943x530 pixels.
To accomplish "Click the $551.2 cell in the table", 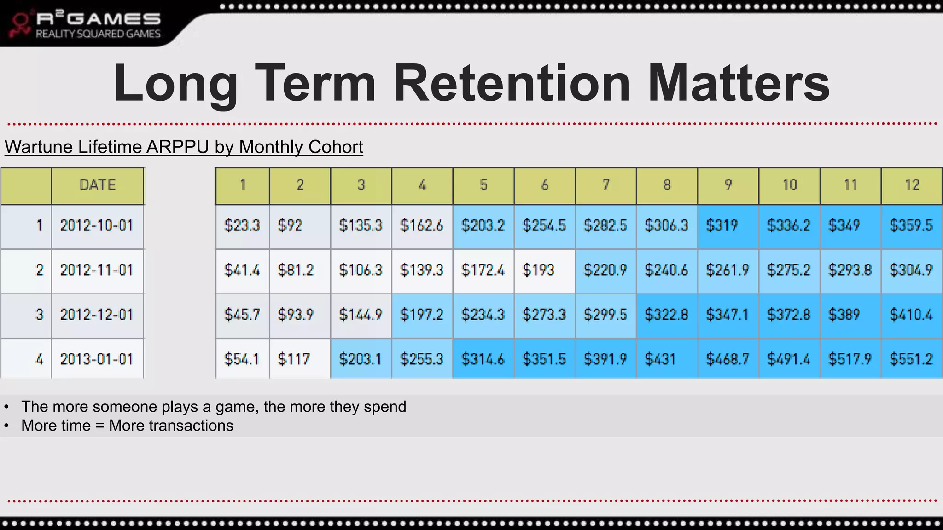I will click(x=911, y=359).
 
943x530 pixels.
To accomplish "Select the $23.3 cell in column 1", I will click(x=242, y=225).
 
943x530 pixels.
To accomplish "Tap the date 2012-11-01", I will click(x=97, y=270).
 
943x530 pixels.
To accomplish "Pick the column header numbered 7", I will click(x=605, y=185).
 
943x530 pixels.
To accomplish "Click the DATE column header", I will click(x=98, y=185).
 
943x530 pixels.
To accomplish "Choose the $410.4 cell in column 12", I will click(x=911, y=315).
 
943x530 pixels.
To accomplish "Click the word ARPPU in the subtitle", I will click(x=178, y=147).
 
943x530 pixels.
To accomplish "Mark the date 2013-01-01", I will click(x=97, y=359).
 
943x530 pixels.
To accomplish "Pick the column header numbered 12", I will click(x=912, y=185).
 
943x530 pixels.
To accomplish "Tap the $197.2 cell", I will click(x=422, y=315).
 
